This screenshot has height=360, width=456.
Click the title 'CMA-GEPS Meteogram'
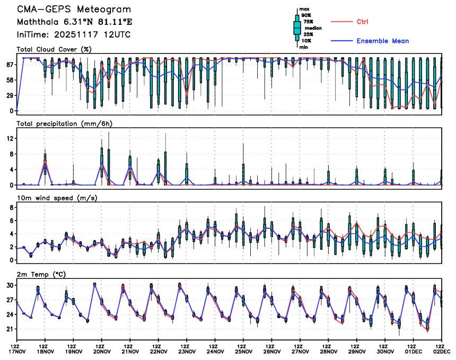pyautogui.click(x=73, y=10)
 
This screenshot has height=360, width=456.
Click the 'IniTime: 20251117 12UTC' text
pyautogui.click(x=73, y=34)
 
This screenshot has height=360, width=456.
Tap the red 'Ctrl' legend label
pyautogui.click(x=363, y=22)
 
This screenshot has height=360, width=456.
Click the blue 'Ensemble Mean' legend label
pyautogui.click(x=382, y=41)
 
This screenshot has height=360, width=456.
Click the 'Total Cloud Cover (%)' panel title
pyautogui.click(x=55, y=49)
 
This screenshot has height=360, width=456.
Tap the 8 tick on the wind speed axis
pyautogui.click(x=12, y=207)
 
